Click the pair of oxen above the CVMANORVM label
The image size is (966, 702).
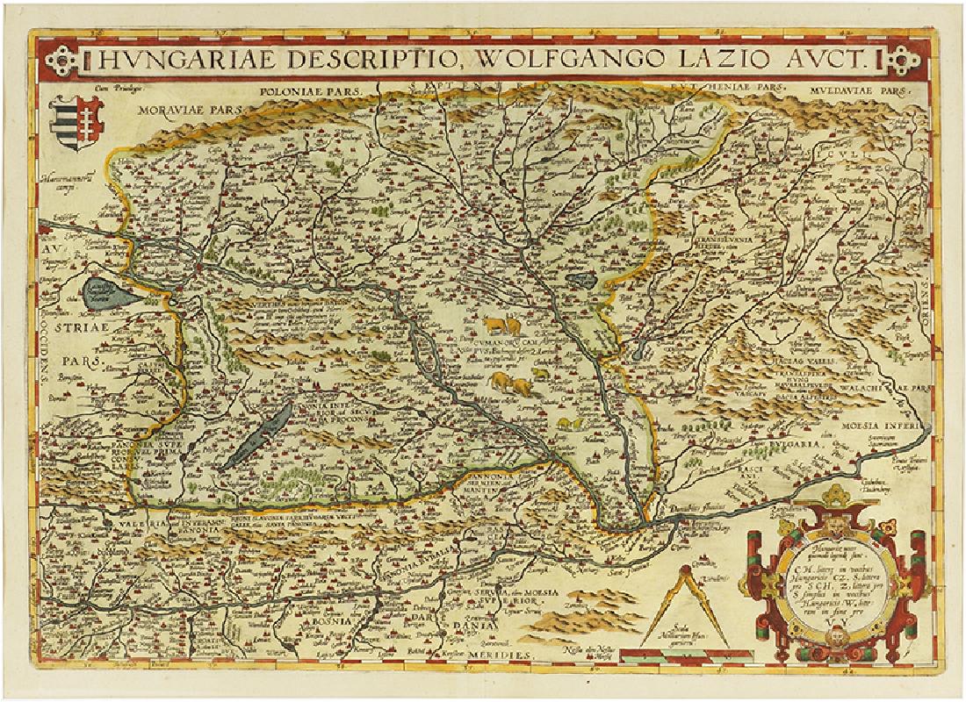[496, 326]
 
